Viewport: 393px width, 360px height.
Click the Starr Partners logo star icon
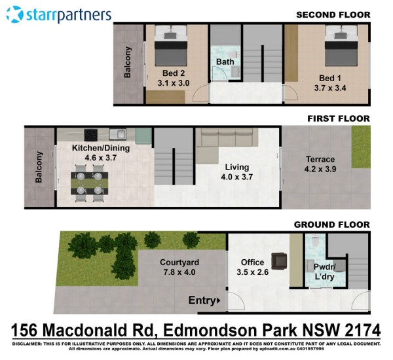15,14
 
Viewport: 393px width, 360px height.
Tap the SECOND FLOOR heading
333,15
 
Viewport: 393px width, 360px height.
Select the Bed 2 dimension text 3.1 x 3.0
174,83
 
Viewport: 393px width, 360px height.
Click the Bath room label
225,62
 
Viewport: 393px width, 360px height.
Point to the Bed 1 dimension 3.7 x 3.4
330,88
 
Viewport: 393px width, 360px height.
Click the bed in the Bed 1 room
341,46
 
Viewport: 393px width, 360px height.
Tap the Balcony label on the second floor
127,62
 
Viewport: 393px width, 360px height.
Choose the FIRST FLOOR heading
339,118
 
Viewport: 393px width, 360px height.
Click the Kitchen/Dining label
101,148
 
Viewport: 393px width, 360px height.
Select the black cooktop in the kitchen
92,135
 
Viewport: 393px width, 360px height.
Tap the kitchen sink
118,134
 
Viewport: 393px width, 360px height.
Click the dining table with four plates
90,183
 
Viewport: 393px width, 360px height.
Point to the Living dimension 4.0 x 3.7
237,177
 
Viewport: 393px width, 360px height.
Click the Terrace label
320,159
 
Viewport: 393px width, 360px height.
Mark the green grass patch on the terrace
361,147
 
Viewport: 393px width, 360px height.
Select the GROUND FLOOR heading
332,225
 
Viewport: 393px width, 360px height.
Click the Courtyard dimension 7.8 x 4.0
179,272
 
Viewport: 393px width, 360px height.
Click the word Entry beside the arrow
202,300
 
